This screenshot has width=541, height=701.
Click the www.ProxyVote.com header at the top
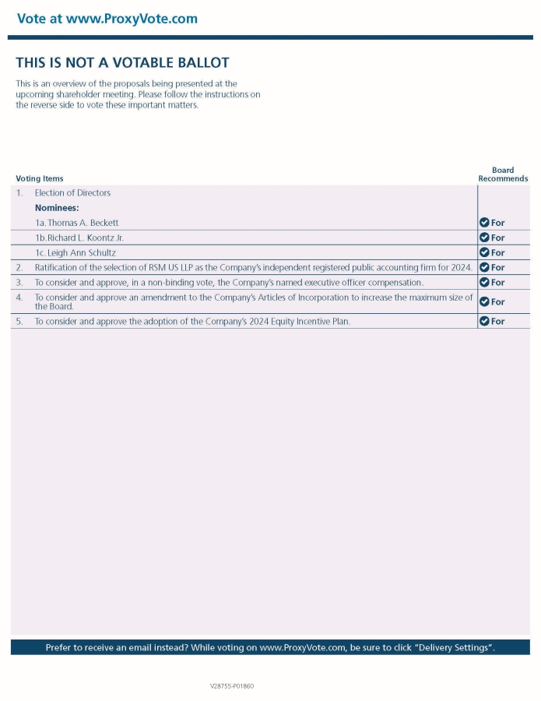(107, 19)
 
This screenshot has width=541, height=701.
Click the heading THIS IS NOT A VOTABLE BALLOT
(122, 63)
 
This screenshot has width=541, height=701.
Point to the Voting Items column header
(40, 179)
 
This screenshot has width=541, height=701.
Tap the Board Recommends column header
(503, 174)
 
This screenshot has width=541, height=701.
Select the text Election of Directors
(72, 193)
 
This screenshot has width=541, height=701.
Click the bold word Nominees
(57, 208)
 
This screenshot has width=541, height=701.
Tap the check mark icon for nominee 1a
(484, 223)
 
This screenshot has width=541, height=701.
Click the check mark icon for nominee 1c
(484, 252)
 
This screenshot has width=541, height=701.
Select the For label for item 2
(498, 268)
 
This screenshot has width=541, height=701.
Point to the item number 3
(19, 283)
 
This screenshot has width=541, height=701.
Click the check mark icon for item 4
(484, 301)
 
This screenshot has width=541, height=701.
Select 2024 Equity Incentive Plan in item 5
(294, 321)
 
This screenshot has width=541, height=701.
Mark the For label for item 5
(498, 321)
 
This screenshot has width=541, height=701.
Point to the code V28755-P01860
(232, 686)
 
